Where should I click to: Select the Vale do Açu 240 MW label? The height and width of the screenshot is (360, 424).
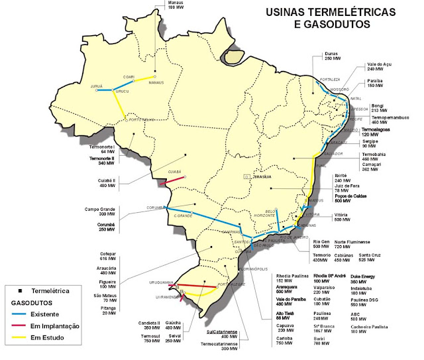[380, 68]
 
